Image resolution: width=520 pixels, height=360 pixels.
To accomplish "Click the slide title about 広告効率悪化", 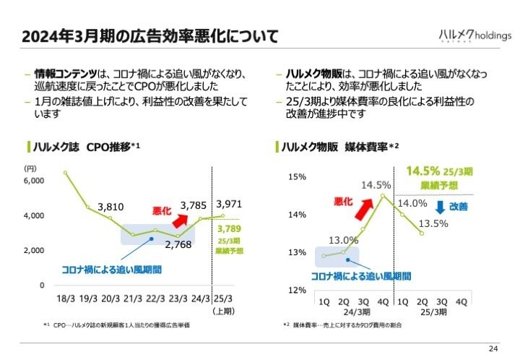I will click(149, 36).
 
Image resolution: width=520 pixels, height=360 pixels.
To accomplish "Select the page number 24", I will click(493, 349).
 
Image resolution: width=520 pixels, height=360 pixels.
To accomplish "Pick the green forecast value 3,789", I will click(230, 230).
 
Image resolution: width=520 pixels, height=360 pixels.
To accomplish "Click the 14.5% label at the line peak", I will click(376, 184).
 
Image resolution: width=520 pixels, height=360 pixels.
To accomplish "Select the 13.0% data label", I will click(343, 240).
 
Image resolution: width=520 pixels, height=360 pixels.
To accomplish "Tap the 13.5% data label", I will click(434, 223).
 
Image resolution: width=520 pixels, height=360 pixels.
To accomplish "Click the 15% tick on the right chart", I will click(297, 176).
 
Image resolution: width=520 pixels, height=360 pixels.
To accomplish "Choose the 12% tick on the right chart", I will click(297, 290).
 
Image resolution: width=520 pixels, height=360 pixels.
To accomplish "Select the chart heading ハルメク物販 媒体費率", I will click(337, 147).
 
